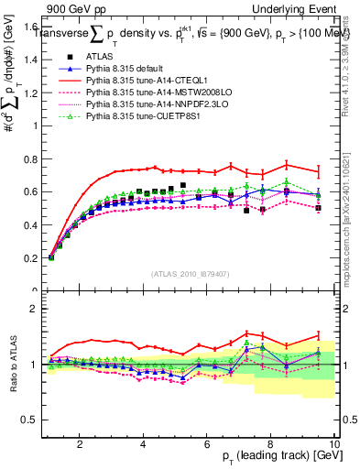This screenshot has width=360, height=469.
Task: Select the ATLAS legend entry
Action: tap(99, 58)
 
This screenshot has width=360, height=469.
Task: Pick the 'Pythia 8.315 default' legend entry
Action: tap(127, 70)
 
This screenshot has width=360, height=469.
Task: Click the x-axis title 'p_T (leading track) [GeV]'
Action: tap(274, 457)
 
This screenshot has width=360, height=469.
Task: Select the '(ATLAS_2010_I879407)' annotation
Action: tap(190, 272)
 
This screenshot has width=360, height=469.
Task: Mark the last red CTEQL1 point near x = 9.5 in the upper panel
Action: tap(318, 172)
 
